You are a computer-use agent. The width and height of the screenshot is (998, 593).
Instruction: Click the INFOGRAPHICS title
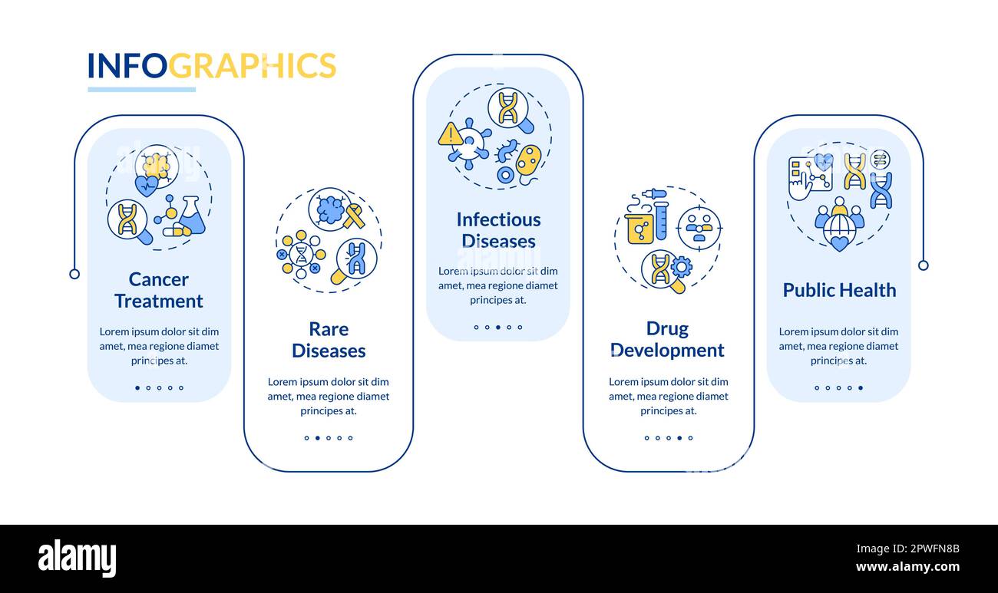click(211, 66)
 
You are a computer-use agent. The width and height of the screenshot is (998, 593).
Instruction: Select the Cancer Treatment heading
click(159, 290)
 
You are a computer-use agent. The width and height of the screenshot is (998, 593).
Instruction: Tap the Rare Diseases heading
click(329, 340)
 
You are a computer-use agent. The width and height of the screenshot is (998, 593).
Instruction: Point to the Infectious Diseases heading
click(498, 230)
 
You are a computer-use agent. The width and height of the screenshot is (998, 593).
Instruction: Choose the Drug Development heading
click(668, 339)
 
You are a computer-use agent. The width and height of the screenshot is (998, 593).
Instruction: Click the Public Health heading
click(839, 290)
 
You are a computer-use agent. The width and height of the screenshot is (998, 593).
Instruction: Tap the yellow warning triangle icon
click(450, 135)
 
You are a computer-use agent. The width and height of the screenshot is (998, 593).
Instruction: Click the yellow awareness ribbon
click(354, 216)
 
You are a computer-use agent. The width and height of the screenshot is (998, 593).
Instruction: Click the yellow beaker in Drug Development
click(639, 228)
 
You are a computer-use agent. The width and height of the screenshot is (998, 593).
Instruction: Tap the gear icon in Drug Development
click(681, 267)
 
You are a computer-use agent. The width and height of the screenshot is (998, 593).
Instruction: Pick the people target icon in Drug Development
click(699, 228)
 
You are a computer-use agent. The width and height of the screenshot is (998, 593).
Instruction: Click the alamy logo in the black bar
click(77, 558)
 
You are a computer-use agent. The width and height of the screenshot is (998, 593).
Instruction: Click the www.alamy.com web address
click(907, 568)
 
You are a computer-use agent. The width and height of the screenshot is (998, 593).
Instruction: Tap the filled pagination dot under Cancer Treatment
click(137, 388)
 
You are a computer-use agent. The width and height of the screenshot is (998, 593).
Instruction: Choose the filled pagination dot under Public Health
click(861, 388)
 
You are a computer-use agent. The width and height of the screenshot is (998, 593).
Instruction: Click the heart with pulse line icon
click(146, 186)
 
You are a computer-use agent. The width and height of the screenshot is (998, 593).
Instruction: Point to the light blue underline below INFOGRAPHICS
click(141, 90)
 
